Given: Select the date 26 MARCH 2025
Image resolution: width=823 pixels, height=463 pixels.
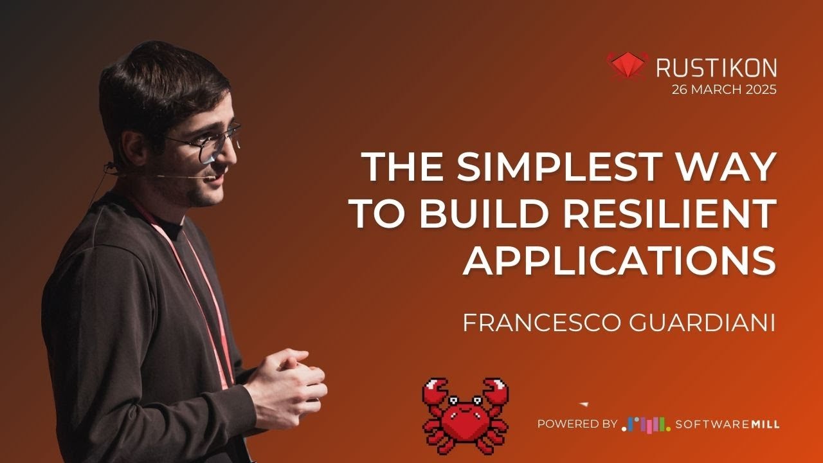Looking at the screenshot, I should click(724, 89).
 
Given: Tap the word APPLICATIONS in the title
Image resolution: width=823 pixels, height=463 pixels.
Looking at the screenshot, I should click(619, 261).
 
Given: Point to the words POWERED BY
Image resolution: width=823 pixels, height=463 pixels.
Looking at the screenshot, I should click(577, 424).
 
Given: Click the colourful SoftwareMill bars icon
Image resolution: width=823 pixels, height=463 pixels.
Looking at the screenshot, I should click(646, 424).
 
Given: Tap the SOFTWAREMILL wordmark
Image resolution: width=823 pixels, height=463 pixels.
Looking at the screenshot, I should click(727, 424).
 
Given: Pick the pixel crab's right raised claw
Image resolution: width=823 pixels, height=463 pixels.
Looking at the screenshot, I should click(495, 390).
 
